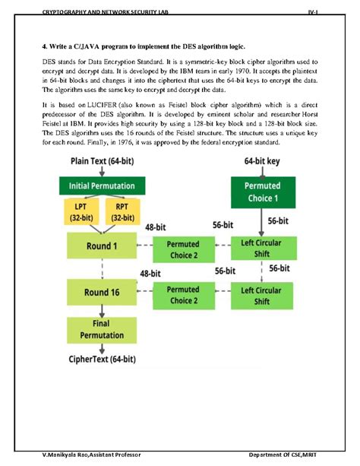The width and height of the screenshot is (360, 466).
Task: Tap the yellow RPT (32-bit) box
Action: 122,211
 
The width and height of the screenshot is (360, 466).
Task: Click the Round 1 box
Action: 101,246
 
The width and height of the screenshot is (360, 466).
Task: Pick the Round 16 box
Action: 101,292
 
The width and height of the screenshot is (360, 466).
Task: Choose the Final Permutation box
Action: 101,330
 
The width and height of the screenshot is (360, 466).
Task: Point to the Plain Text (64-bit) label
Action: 102,161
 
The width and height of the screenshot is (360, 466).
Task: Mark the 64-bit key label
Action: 263,161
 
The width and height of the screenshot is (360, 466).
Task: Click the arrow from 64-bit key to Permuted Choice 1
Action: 263,172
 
